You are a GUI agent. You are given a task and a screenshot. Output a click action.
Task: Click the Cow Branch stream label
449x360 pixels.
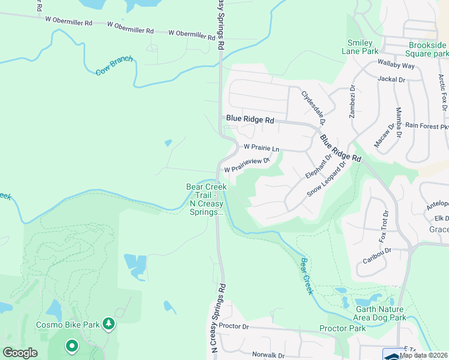pos(115,66)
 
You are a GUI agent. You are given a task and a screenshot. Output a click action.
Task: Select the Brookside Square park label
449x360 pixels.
pos(427,49)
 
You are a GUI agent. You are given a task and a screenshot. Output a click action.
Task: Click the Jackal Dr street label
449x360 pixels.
pos(392,79)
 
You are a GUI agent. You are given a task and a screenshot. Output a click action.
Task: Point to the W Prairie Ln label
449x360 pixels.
pos(261,148)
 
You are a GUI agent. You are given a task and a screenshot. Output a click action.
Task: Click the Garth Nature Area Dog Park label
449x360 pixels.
pos(373,313)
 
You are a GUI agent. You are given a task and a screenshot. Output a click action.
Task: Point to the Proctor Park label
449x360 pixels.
pos(342,328)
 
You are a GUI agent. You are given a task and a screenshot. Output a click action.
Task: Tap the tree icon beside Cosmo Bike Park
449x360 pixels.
pos(109,325)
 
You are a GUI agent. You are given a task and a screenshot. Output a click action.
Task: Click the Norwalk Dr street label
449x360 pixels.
pos(268,355)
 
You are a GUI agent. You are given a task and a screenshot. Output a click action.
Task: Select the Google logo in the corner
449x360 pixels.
pos(20,353)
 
